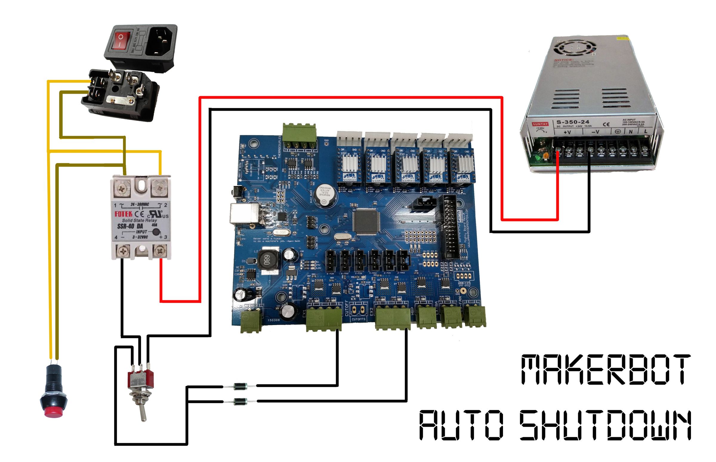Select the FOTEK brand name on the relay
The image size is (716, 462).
(x=123, y=214)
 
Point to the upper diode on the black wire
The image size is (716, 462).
(x=240, y=386)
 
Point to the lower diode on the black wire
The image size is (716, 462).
(x=240, y=401)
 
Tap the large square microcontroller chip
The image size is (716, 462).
(x=365, y=221)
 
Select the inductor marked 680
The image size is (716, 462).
(x=267, y=259)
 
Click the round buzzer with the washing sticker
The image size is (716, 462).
(x=324, y=195)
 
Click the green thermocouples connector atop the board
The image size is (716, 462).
(x=299, y=136)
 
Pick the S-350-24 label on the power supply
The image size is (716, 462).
(x=573, y=122)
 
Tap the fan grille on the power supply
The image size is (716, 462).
(x=574, y=48)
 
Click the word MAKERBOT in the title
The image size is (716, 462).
(x=606, y=369)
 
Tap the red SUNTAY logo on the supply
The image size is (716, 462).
(x=540, y=124)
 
